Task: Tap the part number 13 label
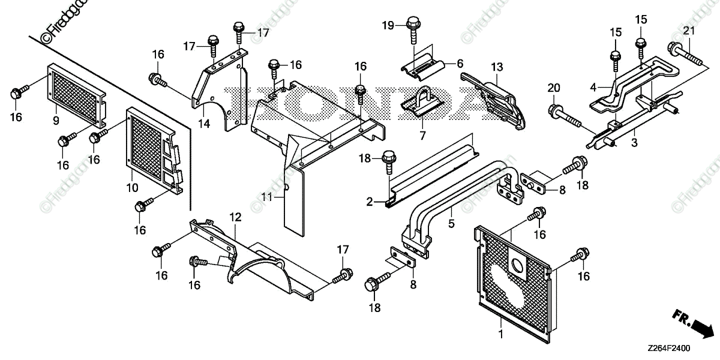496,66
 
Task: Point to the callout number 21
689,31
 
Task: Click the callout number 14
205,124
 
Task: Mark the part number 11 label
267,196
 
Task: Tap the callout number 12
235,215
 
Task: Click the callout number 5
451,223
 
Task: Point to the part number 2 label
370,202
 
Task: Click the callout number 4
593,87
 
